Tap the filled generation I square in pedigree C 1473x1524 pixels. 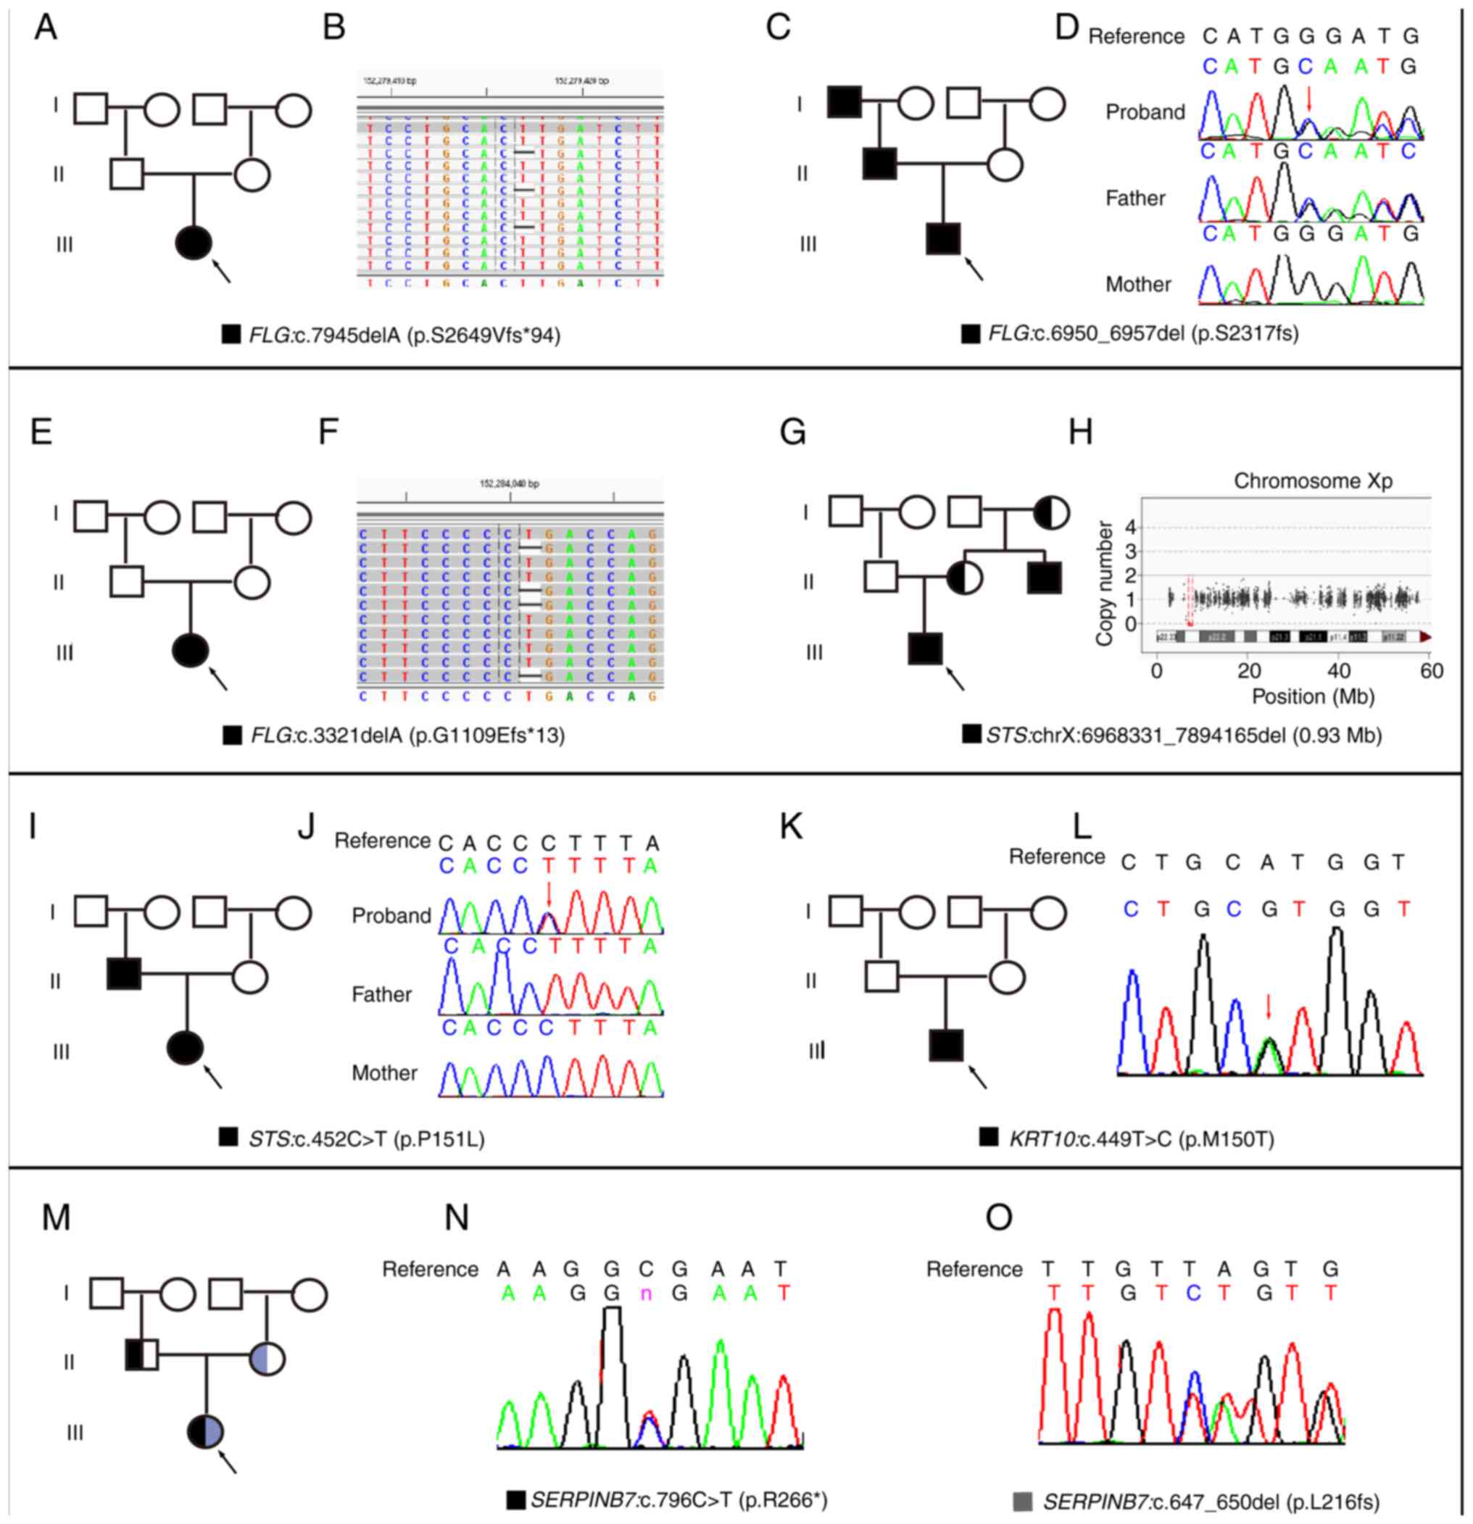[x=844, y=102]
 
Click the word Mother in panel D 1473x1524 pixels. [x=1138, y=285]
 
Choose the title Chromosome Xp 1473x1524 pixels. [x=1313, y=481]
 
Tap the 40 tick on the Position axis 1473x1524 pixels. [x=1339, y=672]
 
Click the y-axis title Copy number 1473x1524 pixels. [x=1103, y=583]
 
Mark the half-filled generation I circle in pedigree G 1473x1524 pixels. [x=1050, y=513]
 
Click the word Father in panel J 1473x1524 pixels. [x=381, y=994]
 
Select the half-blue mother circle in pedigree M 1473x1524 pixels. [x=267, y=1360]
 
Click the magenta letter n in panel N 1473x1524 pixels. [x=645, y=1293]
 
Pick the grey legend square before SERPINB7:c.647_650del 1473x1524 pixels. [x=1023, y=1501]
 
